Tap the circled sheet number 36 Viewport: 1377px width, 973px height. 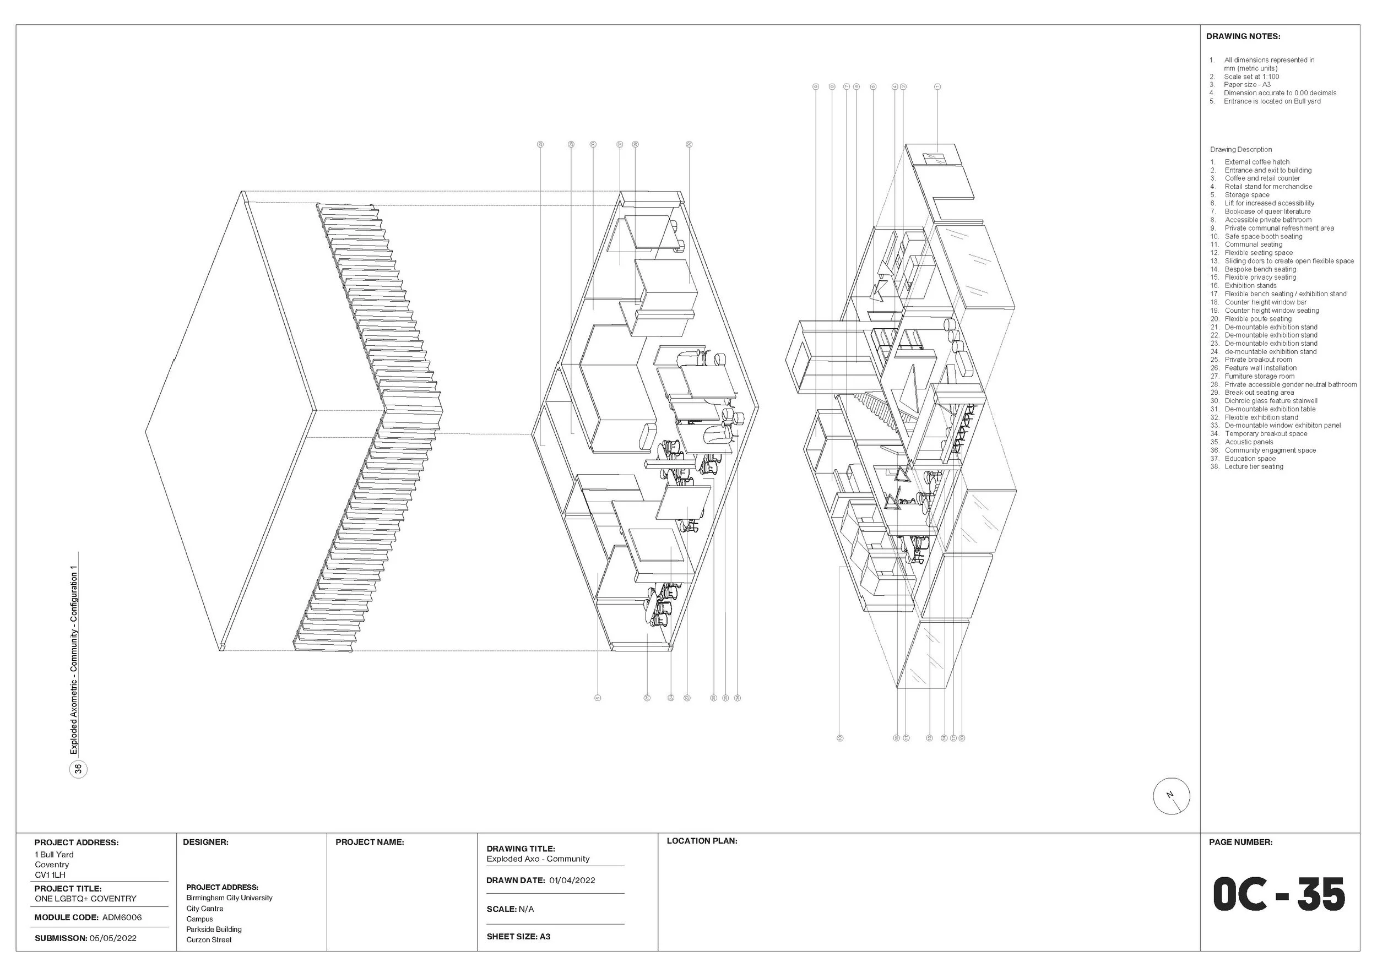pos(79,769)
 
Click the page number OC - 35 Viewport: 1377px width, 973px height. pos(1278,894)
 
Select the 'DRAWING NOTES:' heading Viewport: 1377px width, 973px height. pos(1243,36)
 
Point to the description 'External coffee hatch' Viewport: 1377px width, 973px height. pos(1256,162)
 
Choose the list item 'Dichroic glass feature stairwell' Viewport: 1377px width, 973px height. pos(1271,400)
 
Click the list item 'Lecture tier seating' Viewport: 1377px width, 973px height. pos(1254,466)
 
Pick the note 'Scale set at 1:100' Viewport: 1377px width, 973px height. pos(1251,77)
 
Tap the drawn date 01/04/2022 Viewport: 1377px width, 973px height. pos(572,880)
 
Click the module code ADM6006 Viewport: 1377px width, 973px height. pos(122,917)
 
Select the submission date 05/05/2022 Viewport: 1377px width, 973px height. pos(113,938)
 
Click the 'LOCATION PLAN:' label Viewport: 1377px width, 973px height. pos(702,841)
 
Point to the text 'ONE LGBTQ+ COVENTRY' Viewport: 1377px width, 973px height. pos(85,899)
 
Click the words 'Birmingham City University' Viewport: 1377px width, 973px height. pos(229,898)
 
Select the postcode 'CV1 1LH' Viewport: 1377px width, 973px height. pos(50,874)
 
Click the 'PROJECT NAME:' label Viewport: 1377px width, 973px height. pos(370,842)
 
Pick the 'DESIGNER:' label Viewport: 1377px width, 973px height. pos(205,842)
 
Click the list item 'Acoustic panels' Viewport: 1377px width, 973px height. pos(1249,442)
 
